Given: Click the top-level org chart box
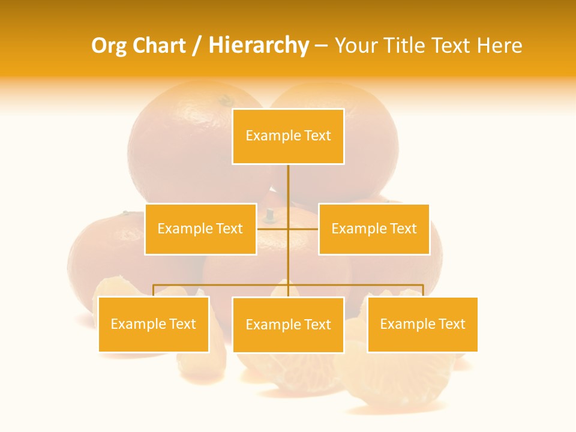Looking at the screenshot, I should tap(288, 136).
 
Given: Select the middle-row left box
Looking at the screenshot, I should tap(200, 229).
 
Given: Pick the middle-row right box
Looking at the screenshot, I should tap(374, 229).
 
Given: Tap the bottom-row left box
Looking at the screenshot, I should tap(154, 325).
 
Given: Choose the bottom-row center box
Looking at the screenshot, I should tap(288, 325).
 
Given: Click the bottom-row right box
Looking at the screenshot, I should tap(422, 325).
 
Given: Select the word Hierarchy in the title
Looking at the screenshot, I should tap(259, 46).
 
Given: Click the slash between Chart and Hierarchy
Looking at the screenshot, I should tap(197, 46).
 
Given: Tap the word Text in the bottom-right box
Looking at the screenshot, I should tap(452, 325).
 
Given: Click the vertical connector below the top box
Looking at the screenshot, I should tap(288, 186).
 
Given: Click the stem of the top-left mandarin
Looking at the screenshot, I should tap(226, 99).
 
